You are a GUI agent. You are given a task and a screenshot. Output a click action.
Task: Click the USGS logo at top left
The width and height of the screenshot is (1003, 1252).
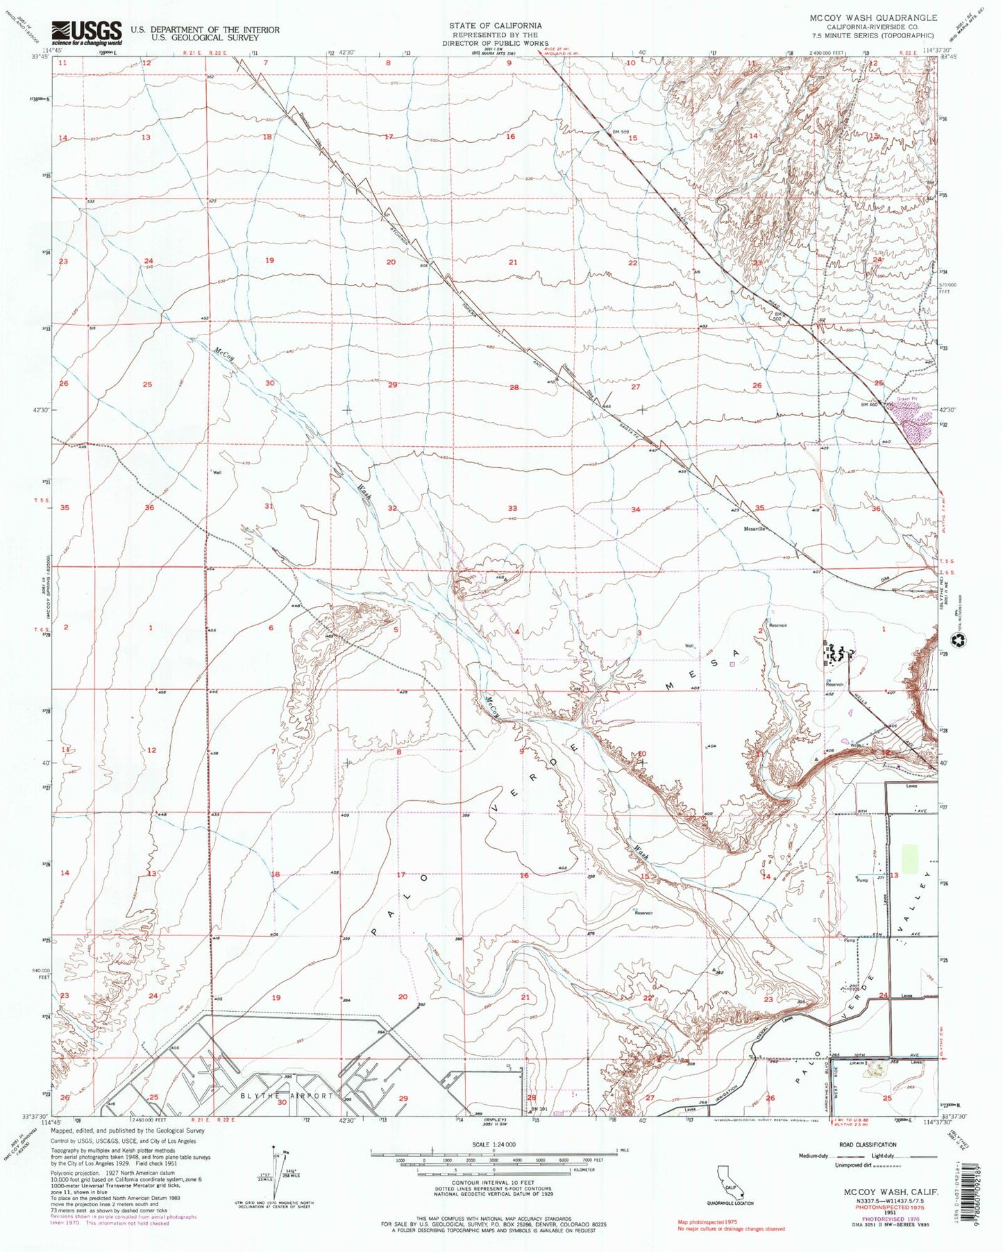coord(87,32)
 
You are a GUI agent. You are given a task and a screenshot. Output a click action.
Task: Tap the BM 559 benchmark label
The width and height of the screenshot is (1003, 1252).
coord(620,132)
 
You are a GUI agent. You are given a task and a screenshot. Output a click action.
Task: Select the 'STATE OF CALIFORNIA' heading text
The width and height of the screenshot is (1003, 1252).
coord(495,25)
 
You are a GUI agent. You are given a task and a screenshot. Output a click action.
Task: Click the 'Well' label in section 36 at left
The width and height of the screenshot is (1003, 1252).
coord(217,473)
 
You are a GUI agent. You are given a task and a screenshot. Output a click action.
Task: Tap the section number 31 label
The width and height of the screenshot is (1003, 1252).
coord(269,506)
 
